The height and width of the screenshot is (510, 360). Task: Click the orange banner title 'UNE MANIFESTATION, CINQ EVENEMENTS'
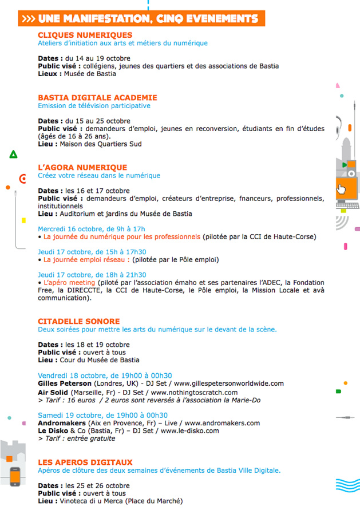[x=143, y=19]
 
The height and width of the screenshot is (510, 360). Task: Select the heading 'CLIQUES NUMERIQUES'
[x=85, y=35]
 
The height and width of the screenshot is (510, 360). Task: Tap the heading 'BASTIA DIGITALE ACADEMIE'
[x=97, y=98]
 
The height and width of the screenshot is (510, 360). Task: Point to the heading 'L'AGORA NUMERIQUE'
[x=82, y=168]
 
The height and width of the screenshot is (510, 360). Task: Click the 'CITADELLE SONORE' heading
[x=78, y=321]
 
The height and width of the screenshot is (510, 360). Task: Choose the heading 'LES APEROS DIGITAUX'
[x=85, y=462]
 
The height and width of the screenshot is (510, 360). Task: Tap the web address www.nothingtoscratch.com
[x=194, y=392]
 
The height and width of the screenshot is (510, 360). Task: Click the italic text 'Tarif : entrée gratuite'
[x=79, y=438]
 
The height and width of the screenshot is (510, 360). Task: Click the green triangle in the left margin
[x=13, y=154]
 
